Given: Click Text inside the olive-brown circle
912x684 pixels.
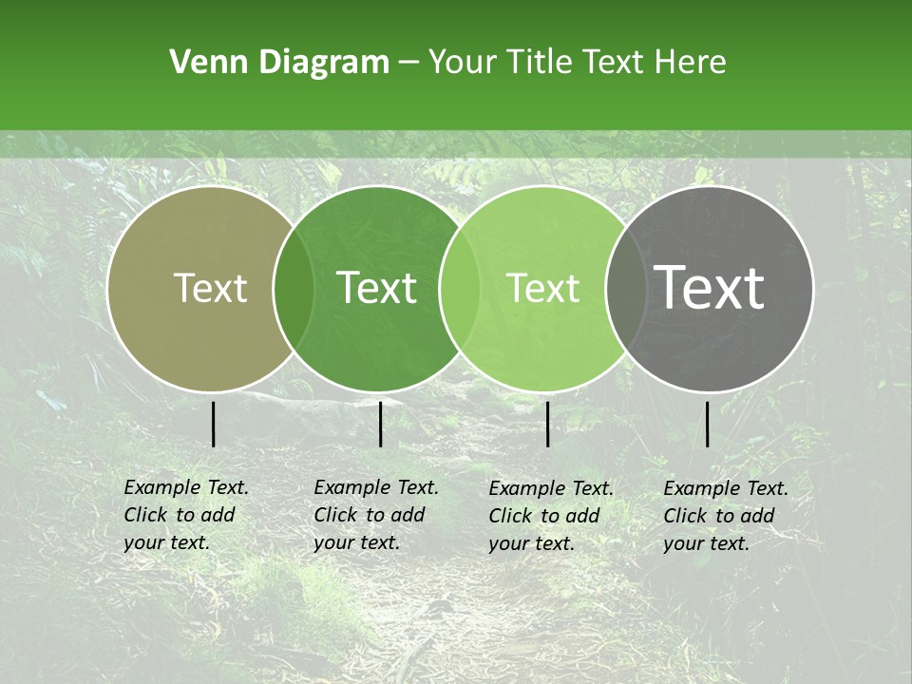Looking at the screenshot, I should pyautogui.click(x=210, y=288).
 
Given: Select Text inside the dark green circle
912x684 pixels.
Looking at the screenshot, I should pyautogui.click(x=376, y=288).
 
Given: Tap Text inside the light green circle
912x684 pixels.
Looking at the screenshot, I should pyautogui.click(x=542, y=288).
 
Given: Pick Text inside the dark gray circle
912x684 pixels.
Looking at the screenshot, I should pyautogui.click(x=710, y=287).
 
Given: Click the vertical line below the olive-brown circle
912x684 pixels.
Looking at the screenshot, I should pyautogui.click(x=213, y=424).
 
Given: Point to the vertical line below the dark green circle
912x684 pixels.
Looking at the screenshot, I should pyautogui.click(x=380, y=424).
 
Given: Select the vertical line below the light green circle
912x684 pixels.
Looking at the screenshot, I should pyautogui.click(x=547, y=424).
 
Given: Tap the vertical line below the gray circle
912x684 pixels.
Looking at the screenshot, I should pyautogui.click(x=707, y=424).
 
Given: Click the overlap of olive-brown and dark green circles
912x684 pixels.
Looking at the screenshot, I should pyautogui.click(x=294, y=289).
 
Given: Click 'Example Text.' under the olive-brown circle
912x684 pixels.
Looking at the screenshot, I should pyautogui.click(x=186, y=487).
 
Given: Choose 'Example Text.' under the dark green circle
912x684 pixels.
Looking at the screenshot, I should pyautogui.click(x=376, y=487).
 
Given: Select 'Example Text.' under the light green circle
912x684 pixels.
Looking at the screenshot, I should pyautogui.click(x=551, y=488).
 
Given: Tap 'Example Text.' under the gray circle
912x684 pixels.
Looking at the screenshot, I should pyautogui.click(x=726, y=488).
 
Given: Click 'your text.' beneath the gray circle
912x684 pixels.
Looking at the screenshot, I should pyautogui.click(x=706, y=543).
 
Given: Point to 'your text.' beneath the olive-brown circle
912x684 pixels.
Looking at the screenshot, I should pyautogui.click(x=166, y=543).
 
